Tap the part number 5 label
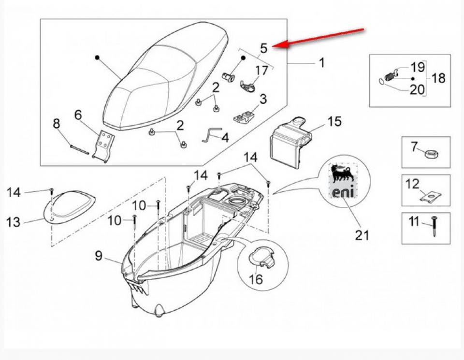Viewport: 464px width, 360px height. click(x=263, y=48)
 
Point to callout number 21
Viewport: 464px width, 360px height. click(x=362, y=235)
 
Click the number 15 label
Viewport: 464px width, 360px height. click(x=334, y=121)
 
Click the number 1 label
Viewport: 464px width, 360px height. click(x=321, y=62)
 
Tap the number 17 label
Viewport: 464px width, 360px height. click(x=261, y=71)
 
